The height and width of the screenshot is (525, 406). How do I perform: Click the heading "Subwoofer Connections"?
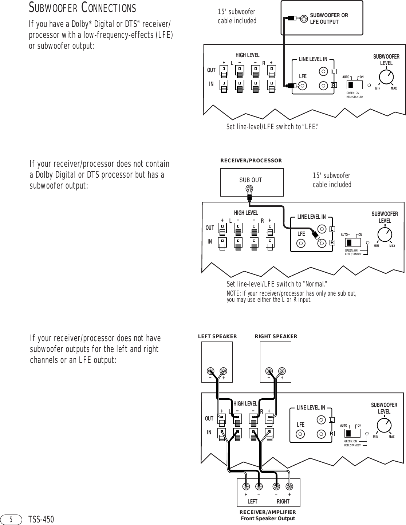point(83,8)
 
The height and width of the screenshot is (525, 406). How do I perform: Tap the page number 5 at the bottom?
point(11,519)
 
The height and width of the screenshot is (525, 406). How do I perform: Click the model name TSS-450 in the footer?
point(41,520)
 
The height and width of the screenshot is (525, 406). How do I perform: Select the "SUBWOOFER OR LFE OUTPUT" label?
point(329,19)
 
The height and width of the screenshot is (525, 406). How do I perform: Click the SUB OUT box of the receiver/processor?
point(252,182)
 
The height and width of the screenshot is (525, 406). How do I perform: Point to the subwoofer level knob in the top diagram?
point(387,77)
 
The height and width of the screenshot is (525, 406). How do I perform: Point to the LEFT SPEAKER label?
point(217,336)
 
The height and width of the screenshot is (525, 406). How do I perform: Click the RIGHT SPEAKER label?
point(276,336)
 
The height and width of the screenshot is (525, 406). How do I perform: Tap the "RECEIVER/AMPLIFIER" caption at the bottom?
point(268,513)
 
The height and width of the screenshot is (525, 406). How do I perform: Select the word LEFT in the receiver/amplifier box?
point(252,501)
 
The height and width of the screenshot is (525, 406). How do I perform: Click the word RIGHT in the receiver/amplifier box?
point(283,501)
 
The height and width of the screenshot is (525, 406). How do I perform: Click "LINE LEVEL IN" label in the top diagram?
point(313,59)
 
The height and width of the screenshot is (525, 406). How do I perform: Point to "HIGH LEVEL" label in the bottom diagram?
point(245,403)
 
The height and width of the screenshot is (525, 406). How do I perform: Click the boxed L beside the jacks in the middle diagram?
point(332,229)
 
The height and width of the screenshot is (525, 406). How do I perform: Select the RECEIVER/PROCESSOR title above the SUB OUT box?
point(251,161)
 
